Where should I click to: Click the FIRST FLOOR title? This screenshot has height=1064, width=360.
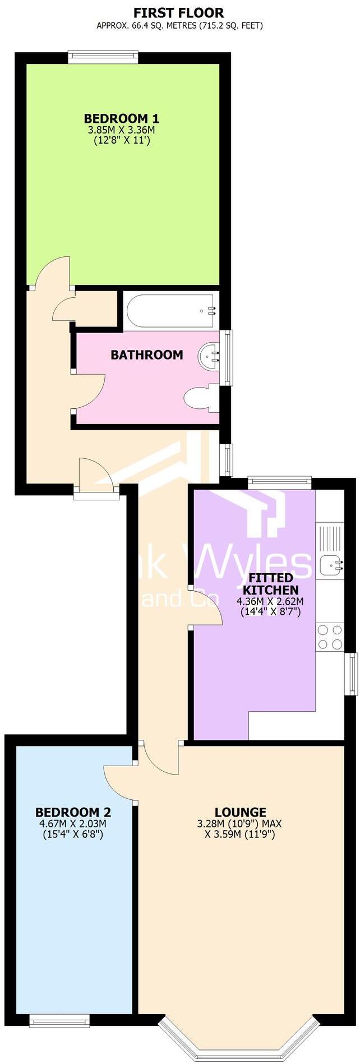click(x=179, y=12)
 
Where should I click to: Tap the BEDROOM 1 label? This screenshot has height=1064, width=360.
click(x=121, y=118)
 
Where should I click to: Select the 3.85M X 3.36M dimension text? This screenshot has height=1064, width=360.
click(x=121, y=130)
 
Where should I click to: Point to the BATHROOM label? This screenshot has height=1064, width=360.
click(x=146, y=354)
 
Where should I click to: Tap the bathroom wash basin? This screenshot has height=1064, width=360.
click(x=209, y=355)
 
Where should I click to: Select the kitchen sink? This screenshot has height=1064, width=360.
click(x=331, y=564)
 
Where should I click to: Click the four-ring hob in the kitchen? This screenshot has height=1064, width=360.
click(x=330, y=637)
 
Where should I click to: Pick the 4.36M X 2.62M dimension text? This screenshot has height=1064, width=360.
click(x=270, y=601)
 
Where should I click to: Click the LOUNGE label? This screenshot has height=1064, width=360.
click(x=240, y=812)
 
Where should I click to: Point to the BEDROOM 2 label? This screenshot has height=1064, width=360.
click(x=73, y=812)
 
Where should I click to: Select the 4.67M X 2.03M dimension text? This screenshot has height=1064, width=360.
click(x=73, y=824)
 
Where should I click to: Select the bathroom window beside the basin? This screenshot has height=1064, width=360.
click(x=228, y=358)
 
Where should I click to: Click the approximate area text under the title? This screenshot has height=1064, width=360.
click(x=179, y=25)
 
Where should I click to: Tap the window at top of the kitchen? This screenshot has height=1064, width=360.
click(x=279, y=480)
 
